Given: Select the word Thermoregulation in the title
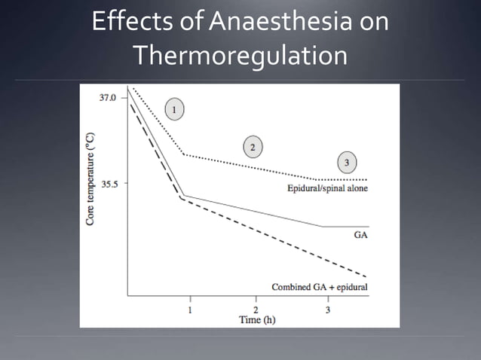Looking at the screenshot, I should click(240, 56).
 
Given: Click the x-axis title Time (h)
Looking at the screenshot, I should click(256, 319).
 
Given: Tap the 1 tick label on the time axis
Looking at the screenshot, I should click(190, 310).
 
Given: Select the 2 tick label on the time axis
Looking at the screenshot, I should click(256, 310).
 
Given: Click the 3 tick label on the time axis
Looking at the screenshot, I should click(327, 310).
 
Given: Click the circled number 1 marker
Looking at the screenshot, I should click(174, 110).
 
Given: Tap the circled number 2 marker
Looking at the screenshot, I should click(253, 145).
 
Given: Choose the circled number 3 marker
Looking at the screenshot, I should click(346, 162).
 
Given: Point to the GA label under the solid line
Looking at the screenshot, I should click(361, 235).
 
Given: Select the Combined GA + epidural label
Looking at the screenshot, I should click(320, 287).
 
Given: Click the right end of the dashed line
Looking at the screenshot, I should click(366, 276).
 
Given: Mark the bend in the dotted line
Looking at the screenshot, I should click(185, 154).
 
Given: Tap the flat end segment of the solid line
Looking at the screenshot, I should click(347, 226).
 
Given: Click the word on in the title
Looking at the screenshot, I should click(373, 22).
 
